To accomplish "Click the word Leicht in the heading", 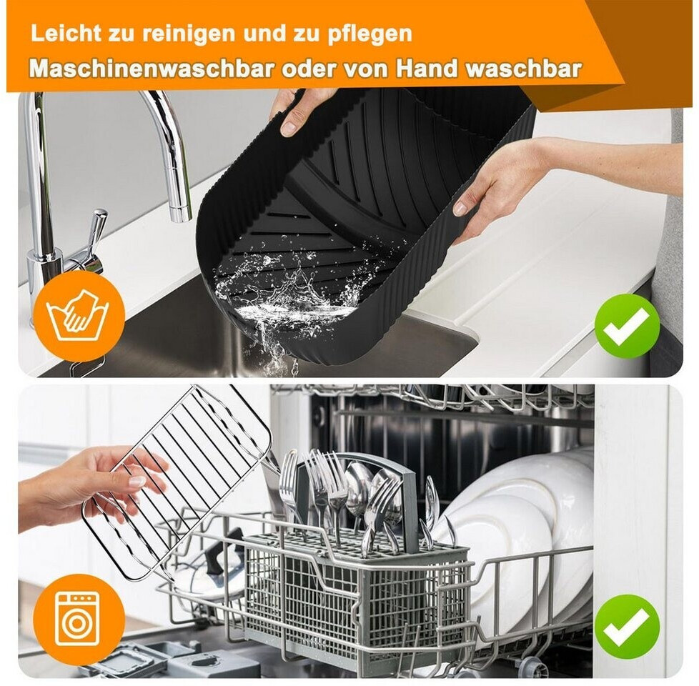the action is (x=65, y=34).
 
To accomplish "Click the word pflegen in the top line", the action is (x=370, y=35).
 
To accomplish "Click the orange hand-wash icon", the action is (x=79, y=316).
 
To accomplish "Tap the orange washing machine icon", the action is (x=79, y=619).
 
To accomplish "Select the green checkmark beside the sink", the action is (x=627, y=326).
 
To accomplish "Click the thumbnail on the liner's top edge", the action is (x=289, y=129).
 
